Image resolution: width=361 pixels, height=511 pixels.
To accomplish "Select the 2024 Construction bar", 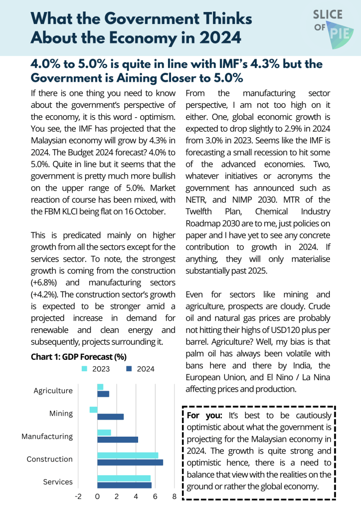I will coord(130,462).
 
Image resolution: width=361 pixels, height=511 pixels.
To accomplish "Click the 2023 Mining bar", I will coord(94,410).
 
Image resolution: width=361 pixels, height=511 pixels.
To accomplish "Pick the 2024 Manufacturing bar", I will coord(117,440).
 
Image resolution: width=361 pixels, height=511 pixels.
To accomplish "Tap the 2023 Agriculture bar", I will coord(100,387).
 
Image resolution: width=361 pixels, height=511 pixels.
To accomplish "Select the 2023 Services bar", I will coord(124,478).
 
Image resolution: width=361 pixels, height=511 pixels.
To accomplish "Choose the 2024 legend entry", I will coord(141,369).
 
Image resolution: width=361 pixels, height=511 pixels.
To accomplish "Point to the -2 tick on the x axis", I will coord(78,497).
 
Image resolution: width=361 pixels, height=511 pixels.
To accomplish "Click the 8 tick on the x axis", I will coord(175,497).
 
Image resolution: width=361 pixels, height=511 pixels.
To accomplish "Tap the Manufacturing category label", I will coord(47,436).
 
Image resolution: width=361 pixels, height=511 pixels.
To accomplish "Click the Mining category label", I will coord(61,413).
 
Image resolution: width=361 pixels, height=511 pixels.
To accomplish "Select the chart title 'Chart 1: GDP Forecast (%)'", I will coord(78,357).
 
